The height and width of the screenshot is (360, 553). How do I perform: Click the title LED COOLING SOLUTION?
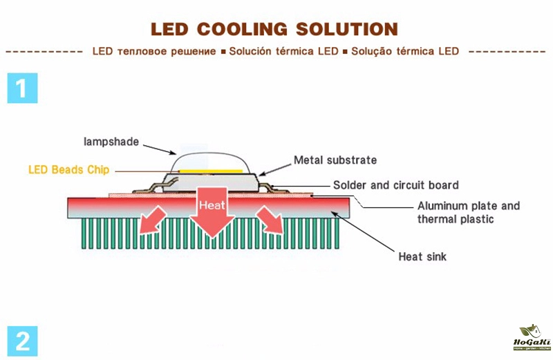coord(274,29)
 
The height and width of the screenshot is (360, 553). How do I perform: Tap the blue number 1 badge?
coord(22,88)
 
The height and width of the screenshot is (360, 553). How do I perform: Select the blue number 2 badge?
coord(22,341)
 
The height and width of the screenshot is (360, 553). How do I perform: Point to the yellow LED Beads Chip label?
coord(68,169)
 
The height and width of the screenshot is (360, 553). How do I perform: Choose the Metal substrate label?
coord(335,160)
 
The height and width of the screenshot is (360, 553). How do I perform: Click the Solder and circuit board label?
coord(395,185)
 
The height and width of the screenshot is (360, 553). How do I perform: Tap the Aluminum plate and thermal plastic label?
coord(468,213)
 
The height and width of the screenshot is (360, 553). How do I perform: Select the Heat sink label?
coord(422,257)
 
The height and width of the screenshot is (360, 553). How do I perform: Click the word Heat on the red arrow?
coord(211,205)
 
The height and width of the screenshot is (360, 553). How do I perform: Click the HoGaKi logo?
coord(533,338)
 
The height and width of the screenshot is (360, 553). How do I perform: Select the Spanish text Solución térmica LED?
coord(283,52)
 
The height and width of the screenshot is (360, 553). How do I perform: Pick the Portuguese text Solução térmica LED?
coord(405,52)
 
